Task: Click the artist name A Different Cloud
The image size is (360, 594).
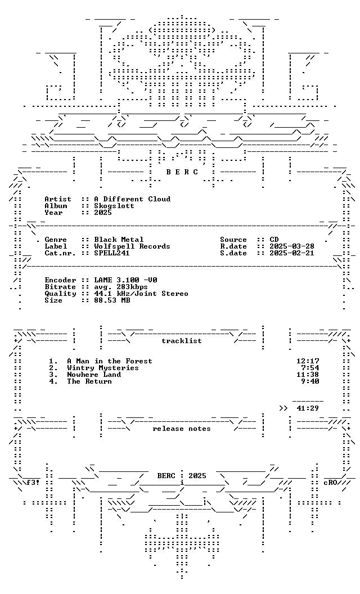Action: [132, 199]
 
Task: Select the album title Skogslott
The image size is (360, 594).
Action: [114, 206]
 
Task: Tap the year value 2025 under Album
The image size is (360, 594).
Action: [103, 213]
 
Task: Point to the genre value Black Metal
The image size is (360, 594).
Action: [119, 240]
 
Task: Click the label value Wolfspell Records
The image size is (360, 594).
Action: [132, 246]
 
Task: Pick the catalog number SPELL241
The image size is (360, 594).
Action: [112, 253]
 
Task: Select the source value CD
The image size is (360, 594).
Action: [274, 240]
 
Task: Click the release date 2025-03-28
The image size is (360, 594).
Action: [292, 246]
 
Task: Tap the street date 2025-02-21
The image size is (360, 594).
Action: [292, 253]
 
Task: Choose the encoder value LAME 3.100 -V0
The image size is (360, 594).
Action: [125, 280]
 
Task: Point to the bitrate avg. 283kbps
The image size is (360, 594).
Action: [121, 287]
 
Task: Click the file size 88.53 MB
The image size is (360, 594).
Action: [112, 300]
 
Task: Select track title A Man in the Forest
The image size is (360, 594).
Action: [110, 361]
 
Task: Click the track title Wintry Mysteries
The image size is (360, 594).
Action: [103, 368]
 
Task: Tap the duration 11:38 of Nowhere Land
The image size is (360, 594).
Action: [308, 374]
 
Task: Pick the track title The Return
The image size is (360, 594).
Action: [89, 381]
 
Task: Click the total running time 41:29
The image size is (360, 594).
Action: [308, 408]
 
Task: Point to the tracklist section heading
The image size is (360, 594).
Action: [182, 340]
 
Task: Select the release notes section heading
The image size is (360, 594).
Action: [182, 429]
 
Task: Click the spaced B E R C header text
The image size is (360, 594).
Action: [182, 172]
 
